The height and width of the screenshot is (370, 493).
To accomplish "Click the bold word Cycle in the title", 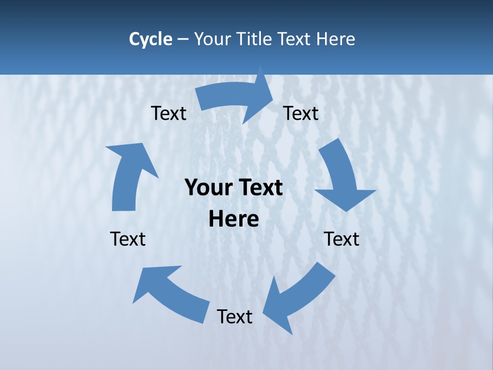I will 150,39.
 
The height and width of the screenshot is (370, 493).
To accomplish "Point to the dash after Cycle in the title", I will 183,40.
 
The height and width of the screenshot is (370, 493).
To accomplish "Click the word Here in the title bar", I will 336,39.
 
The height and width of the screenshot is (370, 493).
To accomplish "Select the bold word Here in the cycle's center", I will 234,219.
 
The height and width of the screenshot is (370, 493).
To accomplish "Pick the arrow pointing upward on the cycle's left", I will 128,175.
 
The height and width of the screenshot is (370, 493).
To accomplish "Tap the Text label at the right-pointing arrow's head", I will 301,113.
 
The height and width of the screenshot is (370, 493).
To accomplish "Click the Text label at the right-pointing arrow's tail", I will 168,113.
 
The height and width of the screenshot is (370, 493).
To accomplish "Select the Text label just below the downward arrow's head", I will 342,239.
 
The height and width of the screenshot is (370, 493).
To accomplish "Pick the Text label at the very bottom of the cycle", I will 235,317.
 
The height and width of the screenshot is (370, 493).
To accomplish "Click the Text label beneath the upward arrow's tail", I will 128,239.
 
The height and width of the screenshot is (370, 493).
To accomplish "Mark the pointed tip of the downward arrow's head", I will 347,211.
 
